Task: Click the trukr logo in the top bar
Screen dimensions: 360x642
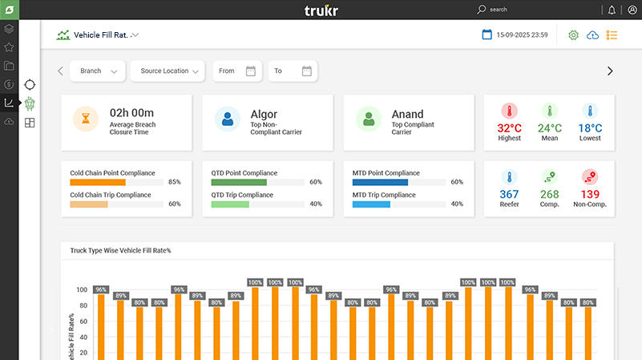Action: click(x=321, y=10)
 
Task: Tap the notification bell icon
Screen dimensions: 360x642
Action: click(x=612, y=10)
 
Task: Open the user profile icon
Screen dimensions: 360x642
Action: click(x=632, y=10)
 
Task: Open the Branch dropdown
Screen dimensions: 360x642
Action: click(x=97, y=71)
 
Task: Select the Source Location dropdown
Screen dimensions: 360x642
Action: click(x=168, y=71)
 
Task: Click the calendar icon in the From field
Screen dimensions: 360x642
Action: click(x=250, y=71)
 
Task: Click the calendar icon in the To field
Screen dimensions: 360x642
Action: click(x=306, y=71)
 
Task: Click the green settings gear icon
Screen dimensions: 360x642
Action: click(x=573, y=35)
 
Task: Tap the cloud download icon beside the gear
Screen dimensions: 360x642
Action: click(x=593, y=35)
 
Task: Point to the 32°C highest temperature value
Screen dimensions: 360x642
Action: click(x=509, y=128)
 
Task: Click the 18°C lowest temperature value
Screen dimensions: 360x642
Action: click(x=590, y=128)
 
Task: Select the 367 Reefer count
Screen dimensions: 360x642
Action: click(x=509, y=194)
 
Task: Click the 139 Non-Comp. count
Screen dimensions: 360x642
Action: click(x=590, y=194)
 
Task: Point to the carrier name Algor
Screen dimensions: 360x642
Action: click(x=264, y=114)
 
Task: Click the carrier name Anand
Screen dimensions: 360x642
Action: click(x=407, y=114)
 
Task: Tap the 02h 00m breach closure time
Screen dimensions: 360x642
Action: click(x=131, y=113)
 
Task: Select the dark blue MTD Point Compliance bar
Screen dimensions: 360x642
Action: click(x=380, y=182)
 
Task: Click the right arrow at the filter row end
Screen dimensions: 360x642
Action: click(x=610, y=71)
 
